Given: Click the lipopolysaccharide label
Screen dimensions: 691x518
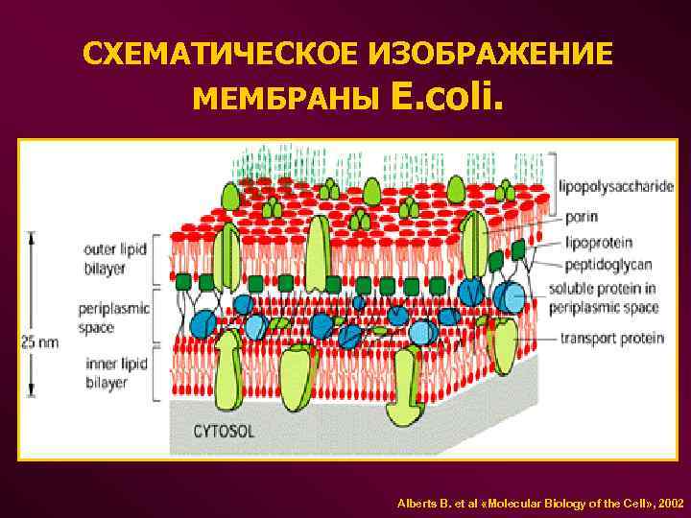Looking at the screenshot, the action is (x=619, y=187).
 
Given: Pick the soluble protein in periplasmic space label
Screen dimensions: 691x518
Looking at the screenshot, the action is (x=603, y=297).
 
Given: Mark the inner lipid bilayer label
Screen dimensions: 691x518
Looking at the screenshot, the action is (x=116, y=371).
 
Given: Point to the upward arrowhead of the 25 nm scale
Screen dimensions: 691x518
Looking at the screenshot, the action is (x=32, y=236).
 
